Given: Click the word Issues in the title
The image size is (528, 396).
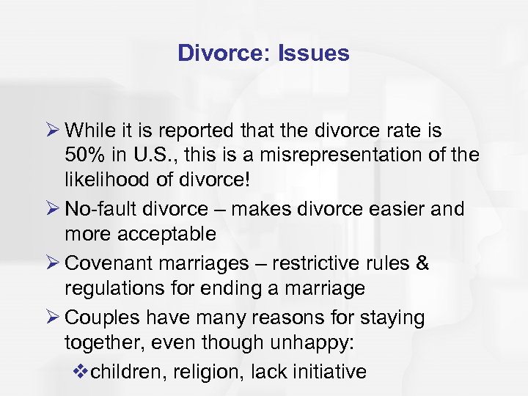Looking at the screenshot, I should (x=315, y=54).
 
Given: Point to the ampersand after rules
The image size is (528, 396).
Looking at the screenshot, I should (x=422, y=262).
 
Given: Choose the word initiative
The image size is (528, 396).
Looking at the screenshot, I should (x=331, y=371).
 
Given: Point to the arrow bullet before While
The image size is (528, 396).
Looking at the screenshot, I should (x=51, y=131).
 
